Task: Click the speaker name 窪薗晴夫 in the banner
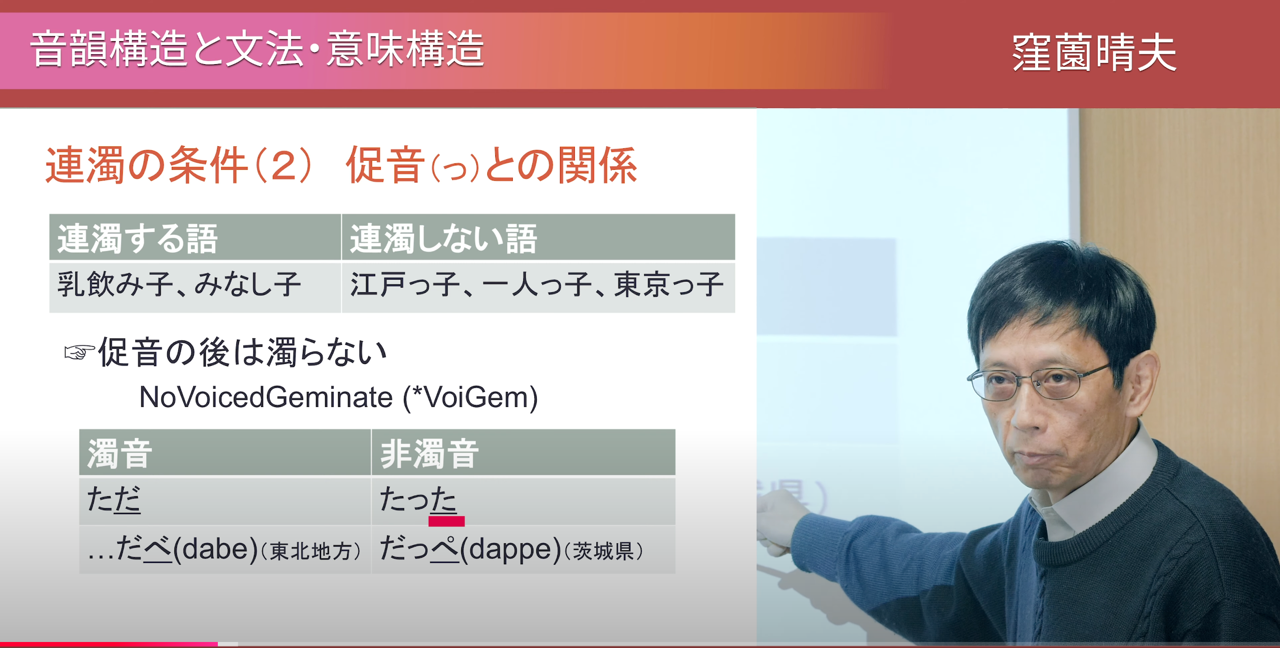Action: (1094, 53)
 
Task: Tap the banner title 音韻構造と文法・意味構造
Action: (257, 49)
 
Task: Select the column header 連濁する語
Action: (138, 239)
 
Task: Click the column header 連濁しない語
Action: (444, 239)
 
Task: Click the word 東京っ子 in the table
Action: (669, 285)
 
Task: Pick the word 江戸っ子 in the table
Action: (405, 285)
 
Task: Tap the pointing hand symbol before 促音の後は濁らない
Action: (79, 353)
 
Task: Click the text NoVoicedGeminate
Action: (266, 397)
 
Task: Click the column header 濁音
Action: (120, 454)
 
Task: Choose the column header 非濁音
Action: (430, 454)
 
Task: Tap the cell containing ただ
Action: (225, 501)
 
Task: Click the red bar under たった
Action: (447, 521)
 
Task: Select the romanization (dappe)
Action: (511, 549)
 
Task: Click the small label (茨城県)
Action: (604, 551)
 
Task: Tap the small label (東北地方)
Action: (311, 551)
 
